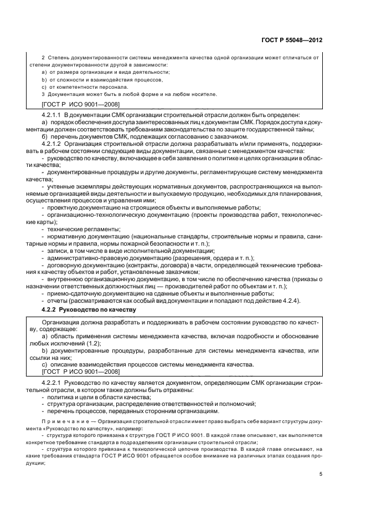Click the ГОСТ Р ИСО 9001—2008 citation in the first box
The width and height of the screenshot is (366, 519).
(81, 104)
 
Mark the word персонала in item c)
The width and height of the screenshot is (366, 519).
(114, 86)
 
